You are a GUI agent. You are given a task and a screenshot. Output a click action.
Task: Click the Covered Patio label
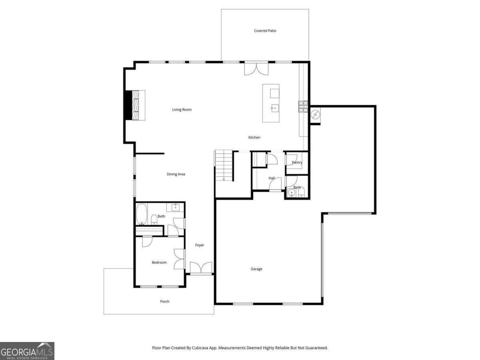point(265,31)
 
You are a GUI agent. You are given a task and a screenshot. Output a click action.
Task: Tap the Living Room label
point(182,110)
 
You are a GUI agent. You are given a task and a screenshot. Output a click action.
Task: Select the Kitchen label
point(254,137)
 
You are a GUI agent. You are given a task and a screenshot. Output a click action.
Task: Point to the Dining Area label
point(176,174)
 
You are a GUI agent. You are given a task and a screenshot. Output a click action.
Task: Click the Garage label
point(256,269)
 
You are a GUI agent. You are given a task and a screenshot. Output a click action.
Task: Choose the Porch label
point(165,302)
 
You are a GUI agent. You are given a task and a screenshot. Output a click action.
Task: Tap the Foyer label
point(200,245)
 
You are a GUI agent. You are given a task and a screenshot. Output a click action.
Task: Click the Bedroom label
point(159,262)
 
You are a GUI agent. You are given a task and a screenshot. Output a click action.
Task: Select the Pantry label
point(297,162)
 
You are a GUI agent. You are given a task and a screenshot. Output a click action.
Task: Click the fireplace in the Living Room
point(135,105)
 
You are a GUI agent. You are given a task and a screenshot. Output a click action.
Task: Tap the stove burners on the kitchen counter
point(303,107)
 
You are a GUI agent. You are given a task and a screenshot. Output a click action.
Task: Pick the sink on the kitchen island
point(274,108)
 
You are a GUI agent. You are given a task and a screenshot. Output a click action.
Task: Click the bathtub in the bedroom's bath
point(142,214)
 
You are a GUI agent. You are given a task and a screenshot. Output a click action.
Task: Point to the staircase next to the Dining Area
point(224,165)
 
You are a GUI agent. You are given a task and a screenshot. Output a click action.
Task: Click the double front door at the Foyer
point(201,268)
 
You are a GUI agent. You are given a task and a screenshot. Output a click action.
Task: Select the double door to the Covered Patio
point(256,68)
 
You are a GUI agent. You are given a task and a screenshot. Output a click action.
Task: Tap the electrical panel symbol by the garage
point(315,114)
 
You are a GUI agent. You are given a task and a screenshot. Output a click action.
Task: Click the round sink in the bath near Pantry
point(292,192)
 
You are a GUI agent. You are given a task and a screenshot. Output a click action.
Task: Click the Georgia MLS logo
point(27,351)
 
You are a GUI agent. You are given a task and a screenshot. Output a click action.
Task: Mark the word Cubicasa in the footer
point(200,348)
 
